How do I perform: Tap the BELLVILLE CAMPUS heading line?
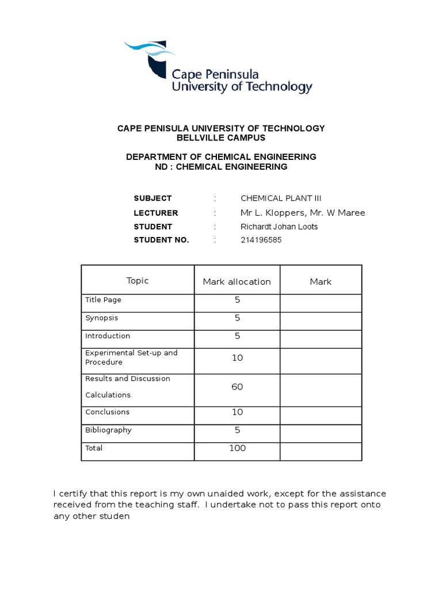[221, 139]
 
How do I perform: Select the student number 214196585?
[261, 240]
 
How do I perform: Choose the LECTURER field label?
[156, 213]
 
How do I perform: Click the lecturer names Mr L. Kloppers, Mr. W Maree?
[303, 213]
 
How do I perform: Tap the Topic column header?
[138, 281]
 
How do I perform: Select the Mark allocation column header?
[237, 282]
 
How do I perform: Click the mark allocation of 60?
[237, 387]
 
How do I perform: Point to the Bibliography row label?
[108, 430]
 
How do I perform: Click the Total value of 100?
[237, 448]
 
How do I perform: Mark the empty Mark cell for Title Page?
[321, 300]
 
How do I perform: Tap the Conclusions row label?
[108, 412]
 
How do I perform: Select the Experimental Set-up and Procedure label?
[131, 357]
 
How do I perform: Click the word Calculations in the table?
[108, 395]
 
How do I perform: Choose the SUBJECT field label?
[153, 198]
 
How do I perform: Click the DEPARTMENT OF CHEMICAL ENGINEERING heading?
[221, 156]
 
